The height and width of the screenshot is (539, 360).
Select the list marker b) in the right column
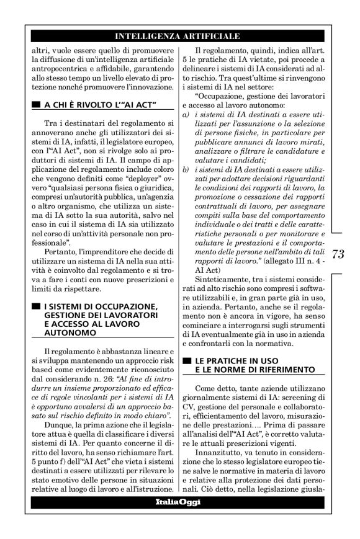click(186, 169)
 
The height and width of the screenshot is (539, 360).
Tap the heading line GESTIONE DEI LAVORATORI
click(95, 316)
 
